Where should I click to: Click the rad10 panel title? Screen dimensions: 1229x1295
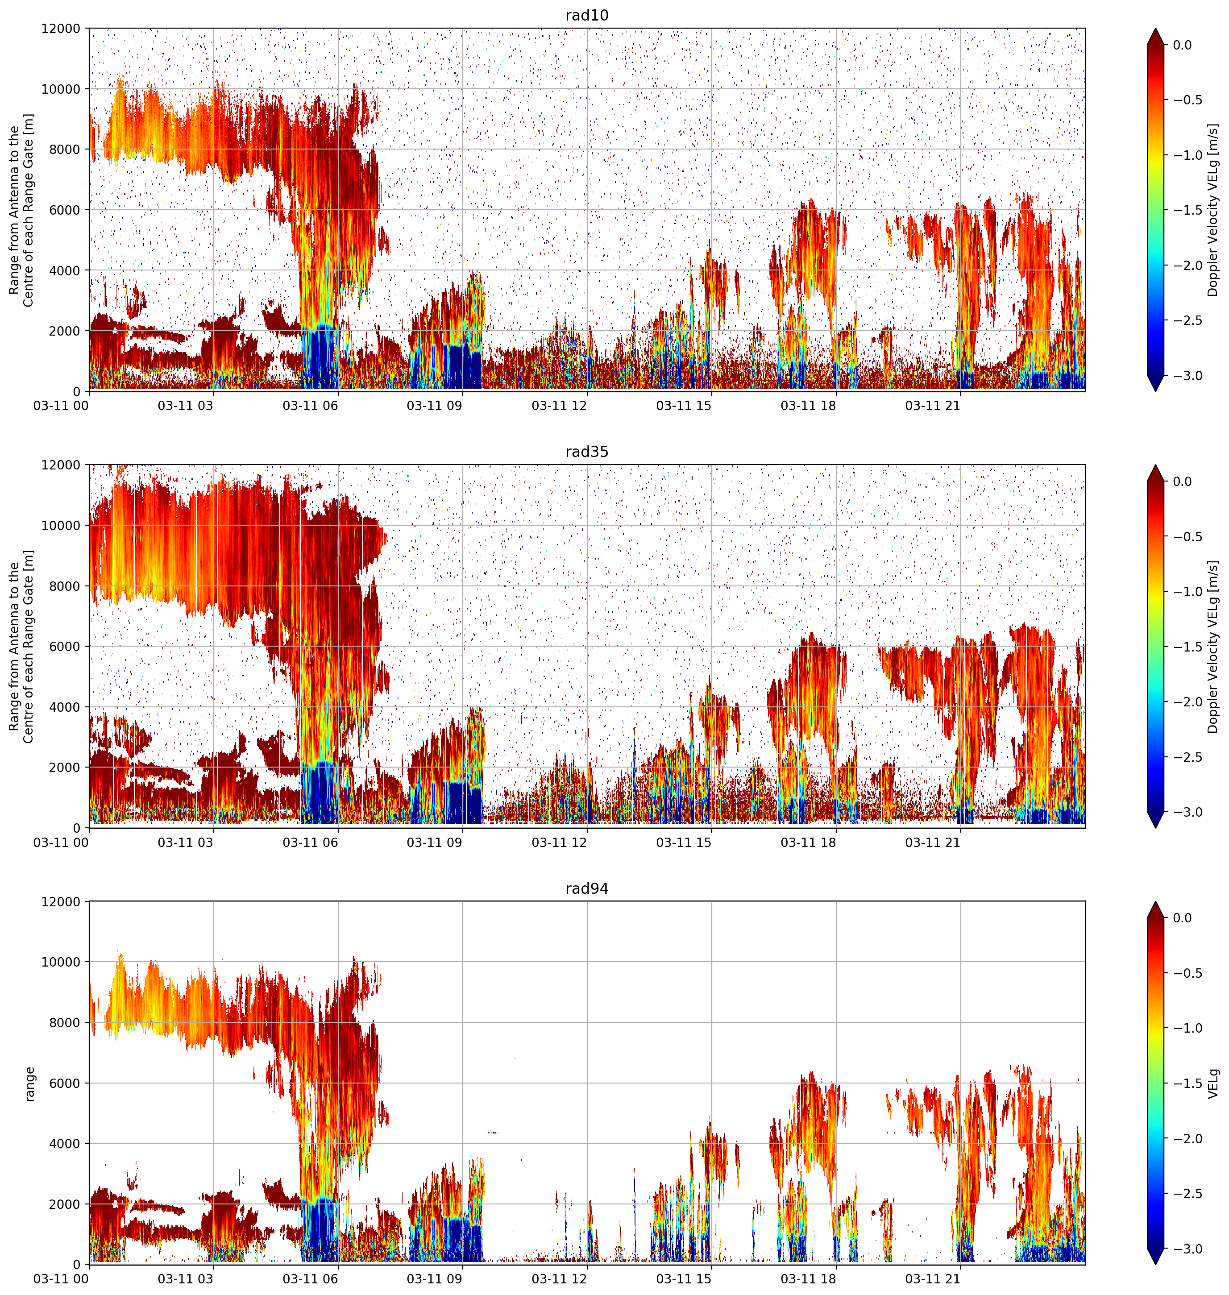586,15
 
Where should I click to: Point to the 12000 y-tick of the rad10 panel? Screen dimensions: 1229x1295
62,29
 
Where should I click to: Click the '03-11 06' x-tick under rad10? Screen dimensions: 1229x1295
311,406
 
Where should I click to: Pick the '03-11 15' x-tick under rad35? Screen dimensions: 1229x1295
684,843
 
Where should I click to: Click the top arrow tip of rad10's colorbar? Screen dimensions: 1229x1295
1156,28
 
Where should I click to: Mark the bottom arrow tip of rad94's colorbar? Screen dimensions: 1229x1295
1156,1264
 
